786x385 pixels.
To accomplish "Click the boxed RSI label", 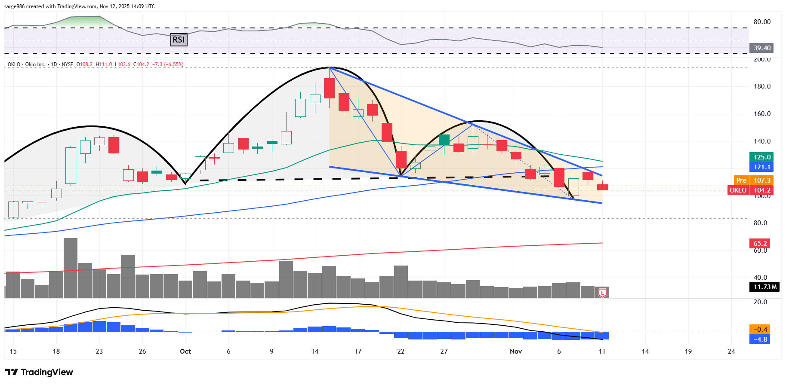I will (x=179, y=40).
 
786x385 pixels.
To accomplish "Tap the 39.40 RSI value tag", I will (x=761, y=48).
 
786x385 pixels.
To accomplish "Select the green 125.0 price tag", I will (x=761, y=157).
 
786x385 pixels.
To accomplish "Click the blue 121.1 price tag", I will (x=761, y=167).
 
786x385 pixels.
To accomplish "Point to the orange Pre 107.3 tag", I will (x=753, y=180).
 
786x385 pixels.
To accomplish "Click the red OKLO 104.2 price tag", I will (x=750, y=190).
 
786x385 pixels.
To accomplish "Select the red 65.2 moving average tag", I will (x=760, y=244).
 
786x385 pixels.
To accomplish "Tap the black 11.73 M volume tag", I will (x=764, y=287).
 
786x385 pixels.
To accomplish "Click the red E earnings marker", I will (x=602, y=293).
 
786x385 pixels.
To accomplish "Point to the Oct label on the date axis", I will (x=185, y=351).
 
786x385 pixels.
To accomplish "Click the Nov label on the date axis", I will (x=515, y=351).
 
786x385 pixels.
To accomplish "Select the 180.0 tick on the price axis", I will (x=762, y=86).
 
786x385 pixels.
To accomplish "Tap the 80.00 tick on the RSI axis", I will (x=762, y=22).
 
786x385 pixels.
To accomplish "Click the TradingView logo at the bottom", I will (x=39, y=372).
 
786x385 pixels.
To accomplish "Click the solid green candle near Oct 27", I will (x=444, y=140).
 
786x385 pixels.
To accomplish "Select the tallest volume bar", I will (x=71, y=268).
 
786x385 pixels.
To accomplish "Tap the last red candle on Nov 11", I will (x=602, y=187).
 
